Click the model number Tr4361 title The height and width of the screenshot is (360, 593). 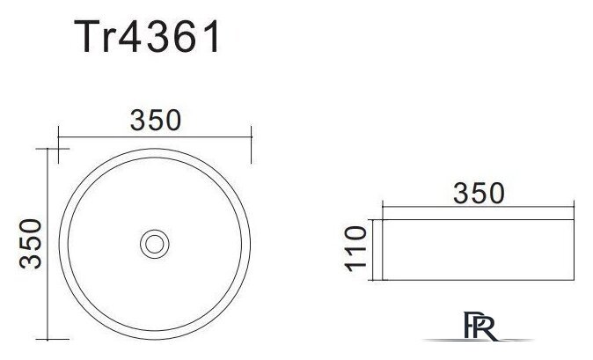pos(147,36)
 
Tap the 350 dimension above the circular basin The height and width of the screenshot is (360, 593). pos(156,121)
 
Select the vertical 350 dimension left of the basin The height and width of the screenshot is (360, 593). pos(31,244)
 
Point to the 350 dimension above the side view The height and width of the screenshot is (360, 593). pos(479,194)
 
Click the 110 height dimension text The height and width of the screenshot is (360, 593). pos(355,249)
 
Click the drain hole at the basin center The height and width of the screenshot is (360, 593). pos(154,244)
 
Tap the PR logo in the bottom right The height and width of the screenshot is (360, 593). pos(480,326)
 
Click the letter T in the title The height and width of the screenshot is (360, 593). pos(86,36)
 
